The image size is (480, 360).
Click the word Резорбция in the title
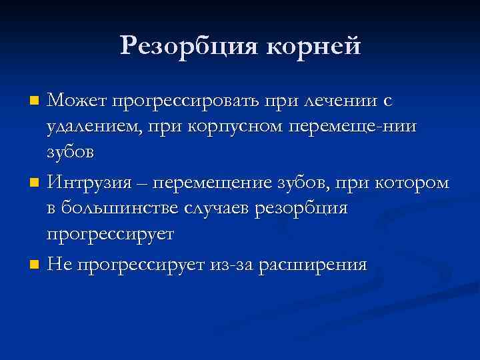tap(188, 46)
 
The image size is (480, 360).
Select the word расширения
tap(310, 265)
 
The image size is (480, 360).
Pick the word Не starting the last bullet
tap(59, 265)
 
